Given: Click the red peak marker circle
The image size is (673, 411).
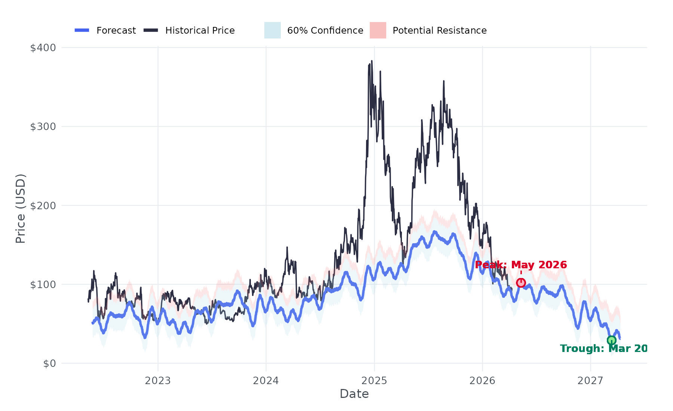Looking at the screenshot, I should click(x=521, y=283).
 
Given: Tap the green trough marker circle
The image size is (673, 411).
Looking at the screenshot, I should click(x=611, y=340).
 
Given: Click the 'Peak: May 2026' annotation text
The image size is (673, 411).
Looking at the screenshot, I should click(x=521, y=265).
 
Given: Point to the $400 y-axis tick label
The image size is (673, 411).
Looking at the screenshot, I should click(x=43, y=48).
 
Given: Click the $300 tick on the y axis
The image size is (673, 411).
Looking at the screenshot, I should click(x=43, y=127).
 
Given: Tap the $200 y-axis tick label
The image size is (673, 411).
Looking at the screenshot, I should click(x=43, y=205).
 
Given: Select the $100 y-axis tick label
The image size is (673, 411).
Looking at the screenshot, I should click(x=43, y=284).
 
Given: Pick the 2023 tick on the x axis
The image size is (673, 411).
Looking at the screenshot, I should click(x=158, y=381).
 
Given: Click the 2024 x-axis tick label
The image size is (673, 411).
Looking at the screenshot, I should click(x=266, y=381).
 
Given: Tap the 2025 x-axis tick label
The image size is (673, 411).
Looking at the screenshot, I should click(x=374, y=381).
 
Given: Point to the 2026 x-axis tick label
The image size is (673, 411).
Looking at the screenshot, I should click(x=482, y=381).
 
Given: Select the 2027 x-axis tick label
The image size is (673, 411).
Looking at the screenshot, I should click(x=590, y=381).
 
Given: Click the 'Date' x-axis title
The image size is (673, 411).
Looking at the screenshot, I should click(x=354, y=394).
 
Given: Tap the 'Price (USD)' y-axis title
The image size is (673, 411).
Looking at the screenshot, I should click(x=21, y=208).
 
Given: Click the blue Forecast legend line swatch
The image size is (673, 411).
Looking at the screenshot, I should click(x=82, y=30).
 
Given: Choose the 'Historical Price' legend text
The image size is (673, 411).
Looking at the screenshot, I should click(x=200, y=30).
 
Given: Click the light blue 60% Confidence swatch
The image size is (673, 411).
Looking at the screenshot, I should click(x=273, y=30).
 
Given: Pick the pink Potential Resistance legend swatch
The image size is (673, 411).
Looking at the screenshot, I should click(x=378, y=30).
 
